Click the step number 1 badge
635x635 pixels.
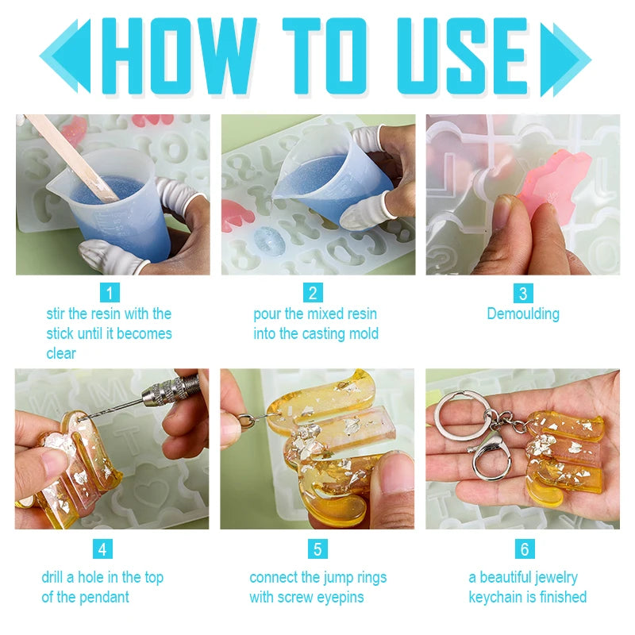(110, 292)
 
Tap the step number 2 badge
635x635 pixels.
(313, 292)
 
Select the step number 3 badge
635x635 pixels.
(523, 293)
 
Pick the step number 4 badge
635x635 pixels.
(102, 548)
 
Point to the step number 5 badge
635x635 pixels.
(317, 548)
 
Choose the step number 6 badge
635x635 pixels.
(525, 548)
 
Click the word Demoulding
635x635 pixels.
(523, 314)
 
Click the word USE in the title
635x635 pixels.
(463, 56)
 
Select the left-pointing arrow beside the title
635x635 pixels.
(65, 56)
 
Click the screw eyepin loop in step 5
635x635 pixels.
(244, 420)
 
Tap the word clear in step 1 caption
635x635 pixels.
(61, 353)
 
